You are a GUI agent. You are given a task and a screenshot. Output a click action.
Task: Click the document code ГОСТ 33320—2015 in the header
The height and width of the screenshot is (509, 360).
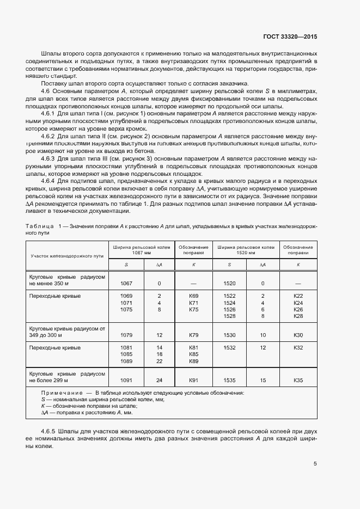coord(289,36)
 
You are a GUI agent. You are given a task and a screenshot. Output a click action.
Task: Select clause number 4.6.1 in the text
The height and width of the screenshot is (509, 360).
coord(50,113)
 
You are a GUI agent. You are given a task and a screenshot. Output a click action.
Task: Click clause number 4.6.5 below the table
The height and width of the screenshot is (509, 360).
coord(50,431)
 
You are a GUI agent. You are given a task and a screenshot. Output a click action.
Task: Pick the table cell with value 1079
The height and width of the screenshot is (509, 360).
coord(126,335)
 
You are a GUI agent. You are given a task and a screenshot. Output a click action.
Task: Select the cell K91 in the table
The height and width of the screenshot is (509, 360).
coord(193,381)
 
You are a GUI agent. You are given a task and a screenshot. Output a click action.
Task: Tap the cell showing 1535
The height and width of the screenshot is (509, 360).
coord(229,381)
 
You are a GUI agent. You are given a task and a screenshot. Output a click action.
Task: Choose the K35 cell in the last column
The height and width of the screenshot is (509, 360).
coord(298,381)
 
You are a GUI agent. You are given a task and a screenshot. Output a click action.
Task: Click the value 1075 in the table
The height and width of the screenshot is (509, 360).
coord(126,309)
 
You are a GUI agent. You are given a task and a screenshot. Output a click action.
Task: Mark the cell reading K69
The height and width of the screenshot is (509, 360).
coord(193,296)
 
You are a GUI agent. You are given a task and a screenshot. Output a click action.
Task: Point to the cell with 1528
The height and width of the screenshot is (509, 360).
coord(229,316)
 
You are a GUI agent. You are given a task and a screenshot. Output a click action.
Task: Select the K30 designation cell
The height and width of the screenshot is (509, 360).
coord(298,335)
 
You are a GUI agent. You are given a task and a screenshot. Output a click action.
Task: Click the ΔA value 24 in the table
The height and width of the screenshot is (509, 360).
coord(160,381)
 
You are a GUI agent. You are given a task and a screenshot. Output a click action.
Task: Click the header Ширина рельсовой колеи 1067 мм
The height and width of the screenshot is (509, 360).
coord(142,250)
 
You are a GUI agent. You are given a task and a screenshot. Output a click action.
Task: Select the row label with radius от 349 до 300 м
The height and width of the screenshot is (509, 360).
coord(67,332)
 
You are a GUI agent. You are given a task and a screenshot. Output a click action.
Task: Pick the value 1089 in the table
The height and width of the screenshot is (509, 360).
coord(126,361)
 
